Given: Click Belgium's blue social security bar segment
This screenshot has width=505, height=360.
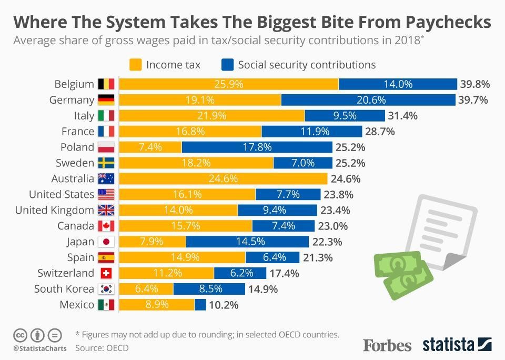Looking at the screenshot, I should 398,84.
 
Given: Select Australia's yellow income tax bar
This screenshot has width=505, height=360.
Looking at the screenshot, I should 224,179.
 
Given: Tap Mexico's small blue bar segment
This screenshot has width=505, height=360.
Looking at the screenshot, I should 200,305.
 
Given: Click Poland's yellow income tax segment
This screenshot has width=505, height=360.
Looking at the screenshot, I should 150,147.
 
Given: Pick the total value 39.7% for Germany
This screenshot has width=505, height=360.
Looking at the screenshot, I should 474,100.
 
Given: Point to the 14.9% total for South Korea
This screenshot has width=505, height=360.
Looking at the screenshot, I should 264,289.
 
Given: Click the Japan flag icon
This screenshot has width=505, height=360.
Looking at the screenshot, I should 106,242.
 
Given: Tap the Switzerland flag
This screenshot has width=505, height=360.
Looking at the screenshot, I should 106,273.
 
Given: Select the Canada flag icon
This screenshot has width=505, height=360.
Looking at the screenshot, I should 106,226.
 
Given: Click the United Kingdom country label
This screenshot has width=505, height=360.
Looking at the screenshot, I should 55,211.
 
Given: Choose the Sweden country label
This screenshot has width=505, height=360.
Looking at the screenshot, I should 75,163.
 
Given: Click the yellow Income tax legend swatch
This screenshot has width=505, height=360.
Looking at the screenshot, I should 136,65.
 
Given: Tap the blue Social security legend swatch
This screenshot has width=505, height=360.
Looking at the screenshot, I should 227,65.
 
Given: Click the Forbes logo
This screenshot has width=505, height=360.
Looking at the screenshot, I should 387,345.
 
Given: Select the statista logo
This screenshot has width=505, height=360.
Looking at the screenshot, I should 457,345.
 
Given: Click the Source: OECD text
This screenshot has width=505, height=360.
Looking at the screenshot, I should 102,348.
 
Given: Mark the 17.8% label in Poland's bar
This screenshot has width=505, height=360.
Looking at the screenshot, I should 257,147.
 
